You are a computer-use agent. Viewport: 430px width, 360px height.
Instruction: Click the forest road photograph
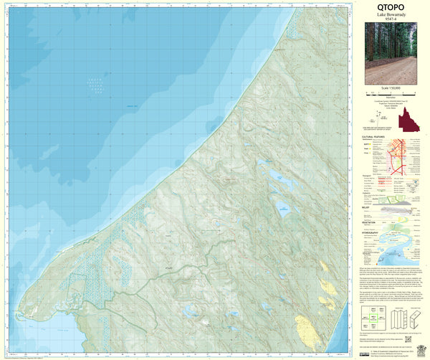tap(391, 54)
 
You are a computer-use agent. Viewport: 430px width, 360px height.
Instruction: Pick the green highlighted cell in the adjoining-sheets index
tap(373, 314)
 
